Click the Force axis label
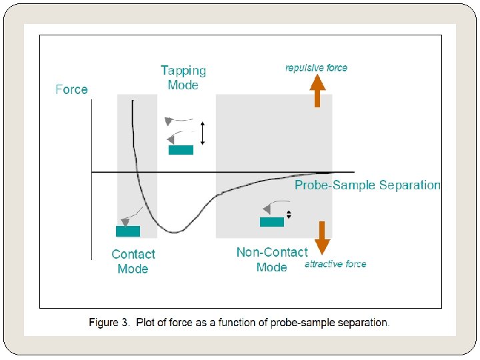click(71, 89)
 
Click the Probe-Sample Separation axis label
click(367, 185)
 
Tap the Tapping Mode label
click(183, 77)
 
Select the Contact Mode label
click(133, 261)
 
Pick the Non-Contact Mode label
click(272, 259)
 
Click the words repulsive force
click(316, 67)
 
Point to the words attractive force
click(335, 264)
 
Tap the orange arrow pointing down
click(322, 238)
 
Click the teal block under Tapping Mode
click(181, 150)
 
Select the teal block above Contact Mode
click(128, 231)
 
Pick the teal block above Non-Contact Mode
click(272, 222)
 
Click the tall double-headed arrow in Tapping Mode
click(203, 132)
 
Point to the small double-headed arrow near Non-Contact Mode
click(289, 215)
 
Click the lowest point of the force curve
click(175, 233)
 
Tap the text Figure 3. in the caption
click(111, 323)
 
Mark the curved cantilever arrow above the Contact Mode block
click(131, 216)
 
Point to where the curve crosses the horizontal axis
click(137, 173)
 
